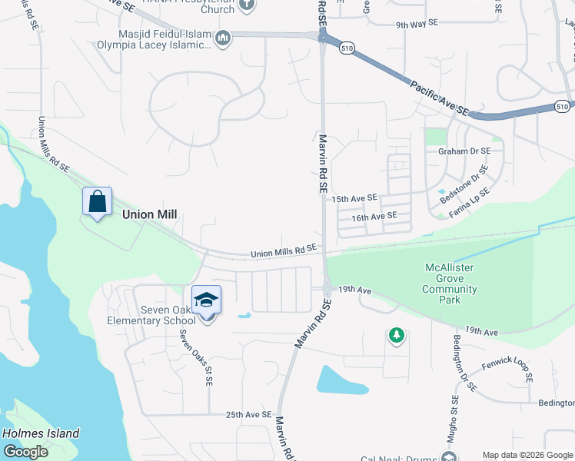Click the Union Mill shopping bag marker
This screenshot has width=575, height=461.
(x=98, y=203)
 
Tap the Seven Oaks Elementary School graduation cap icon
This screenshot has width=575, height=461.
(x=206, y=300)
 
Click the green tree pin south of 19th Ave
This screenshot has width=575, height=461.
(x=396, y=336)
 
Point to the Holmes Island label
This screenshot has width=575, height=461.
(x=41, y=433)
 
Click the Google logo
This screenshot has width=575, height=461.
(x=25, y=452)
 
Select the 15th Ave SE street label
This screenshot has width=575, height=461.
(x=354, y=198)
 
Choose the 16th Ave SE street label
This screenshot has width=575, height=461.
(x=374, y=217)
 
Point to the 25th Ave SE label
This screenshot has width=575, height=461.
(x=249, y=415)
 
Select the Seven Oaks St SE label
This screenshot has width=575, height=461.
(x=196, y=357)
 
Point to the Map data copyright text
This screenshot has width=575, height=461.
(x=527, y=455)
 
